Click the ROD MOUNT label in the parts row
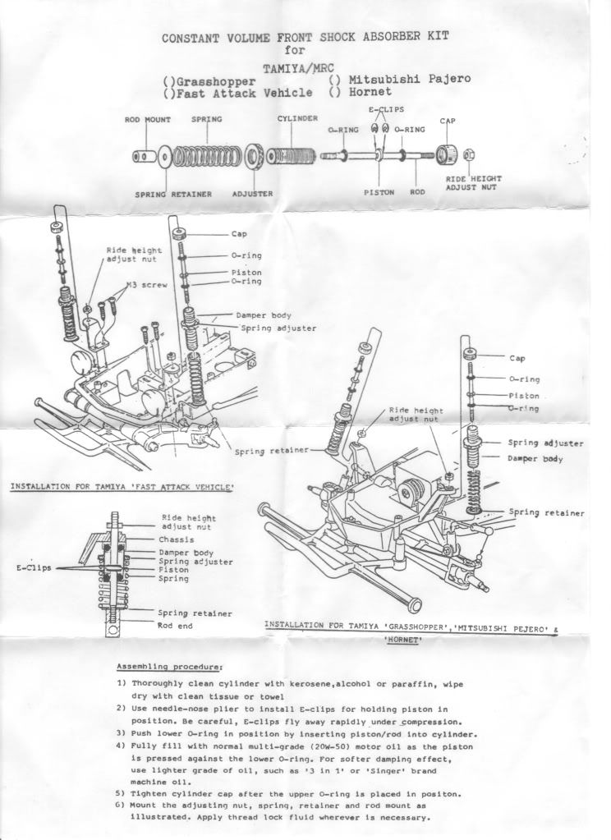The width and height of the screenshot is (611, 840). (x=148, y=119)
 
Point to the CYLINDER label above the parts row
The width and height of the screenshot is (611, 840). (x=297, y=118)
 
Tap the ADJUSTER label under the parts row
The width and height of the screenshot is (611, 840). (x=253, y=194)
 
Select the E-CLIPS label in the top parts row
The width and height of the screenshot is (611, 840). (x=386, y=109)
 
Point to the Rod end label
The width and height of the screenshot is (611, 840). (x=174, y=625)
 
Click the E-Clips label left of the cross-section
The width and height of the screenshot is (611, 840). (x=34, y=567)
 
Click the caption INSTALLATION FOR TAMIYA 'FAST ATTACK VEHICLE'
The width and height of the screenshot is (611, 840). (x=122, y=486)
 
